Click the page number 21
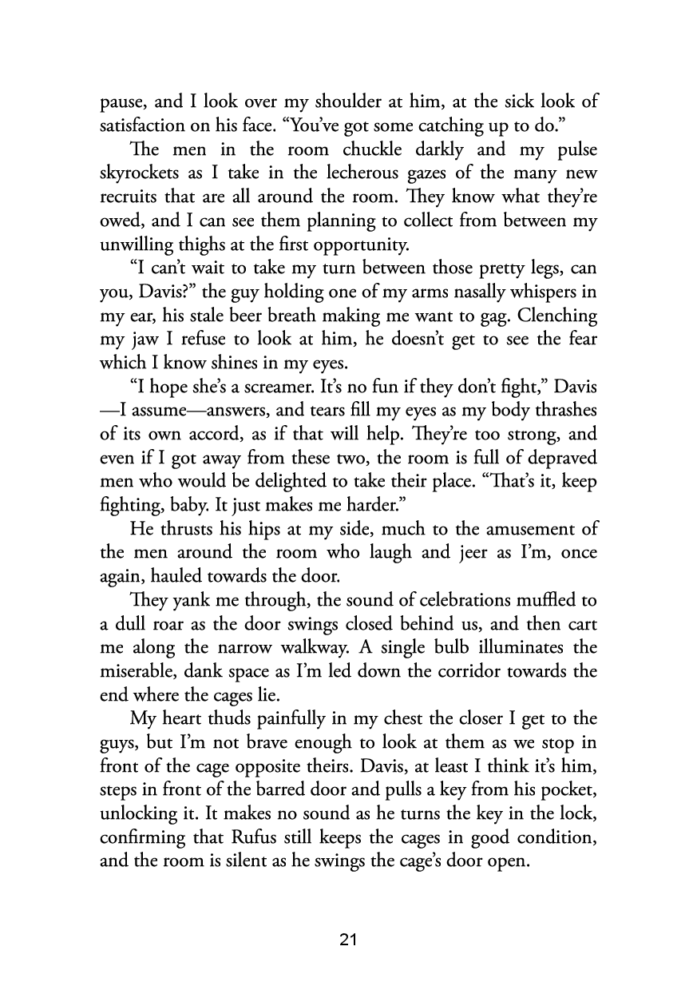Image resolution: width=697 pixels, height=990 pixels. click(347, 939)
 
